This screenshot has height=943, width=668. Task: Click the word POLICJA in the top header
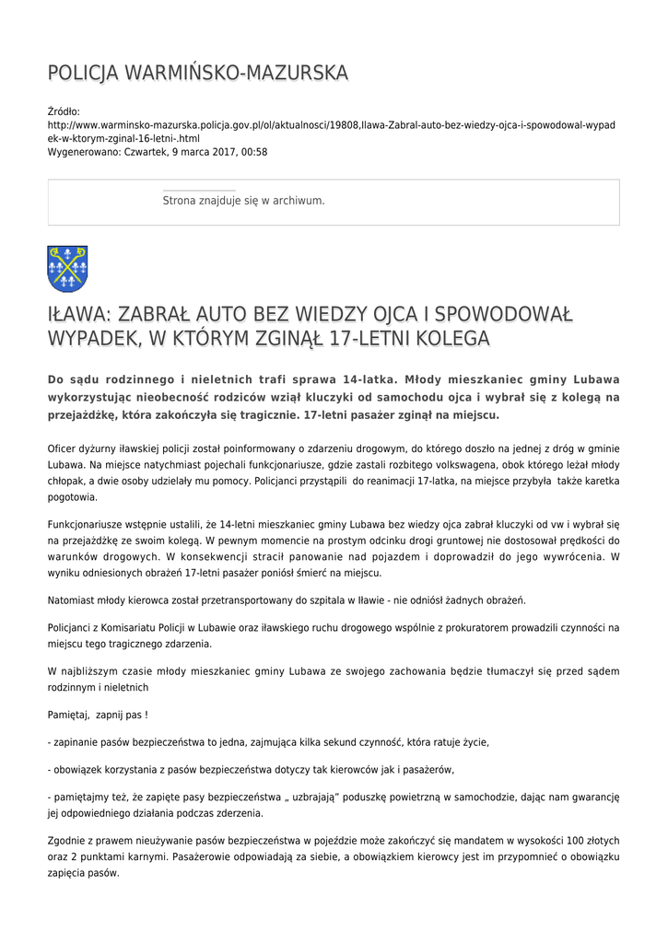click(x=82, y=73)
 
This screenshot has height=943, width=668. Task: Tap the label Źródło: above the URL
click(x=64, y=111)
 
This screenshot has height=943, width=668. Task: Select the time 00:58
click(x=254, y=152)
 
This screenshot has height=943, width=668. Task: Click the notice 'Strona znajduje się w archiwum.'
click(x=243, y=200)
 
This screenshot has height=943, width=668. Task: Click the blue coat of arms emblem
click(x=67, y=268)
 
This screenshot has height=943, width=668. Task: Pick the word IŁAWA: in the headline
click(x=78, y=315)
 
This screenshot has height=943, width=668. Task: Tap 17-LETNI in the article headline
click(x=330, y=339)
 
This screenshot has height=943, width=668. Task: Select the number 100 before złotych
click(x=575, y=840)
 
